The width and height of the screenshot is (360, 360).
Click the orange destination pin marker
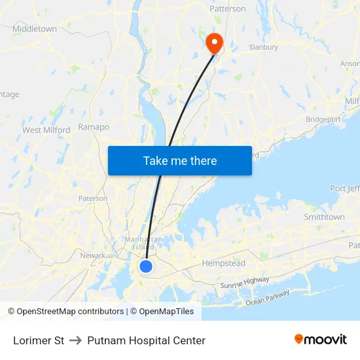[214, 43]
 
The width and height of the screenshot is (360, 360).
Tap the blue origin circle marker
[146, 266]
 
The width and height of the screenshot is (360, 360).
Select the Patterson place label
[227, 9]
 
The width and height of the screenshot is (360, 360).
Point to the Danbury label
[264, 47]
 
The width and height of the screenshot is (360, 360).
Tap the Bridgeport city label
[323, 120]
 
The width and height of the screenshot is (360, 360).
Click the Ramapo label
[94, 127]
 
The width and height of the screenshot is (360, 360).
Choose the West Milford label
[46, 130]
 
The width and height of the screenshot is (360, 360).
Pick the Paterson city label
[92, 198]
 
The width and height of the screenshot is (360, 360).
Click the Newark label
[92, 255]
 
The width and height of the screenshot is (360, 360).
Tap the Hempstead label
[224, 263]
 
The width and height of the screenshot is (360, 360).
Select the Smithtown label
[324, 217]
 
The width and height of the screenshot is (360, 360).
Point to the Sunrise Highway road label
[245, 283]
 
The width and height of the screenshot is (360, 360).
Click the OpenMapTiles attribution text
[166, 312]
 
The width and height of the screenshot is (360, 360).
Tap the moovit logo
[320, 339]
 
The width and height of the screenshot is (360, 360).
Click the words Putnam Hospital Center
[146, 340]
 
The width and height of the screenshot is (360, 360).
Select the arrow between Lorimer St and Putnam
[75, 340]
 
